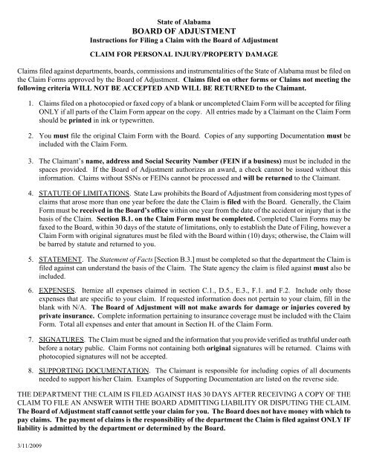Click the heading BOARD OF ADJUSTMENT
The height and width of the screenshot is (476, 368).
pyautogui.click(x=184, y=22)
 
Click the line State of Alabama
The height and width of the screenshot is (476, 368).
pyautogui.click(x=184, y=10)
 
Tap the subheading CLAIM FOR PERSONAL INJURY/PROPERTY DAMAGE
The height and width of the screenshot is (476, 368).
pyautogui.click(x=184, y=54)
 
